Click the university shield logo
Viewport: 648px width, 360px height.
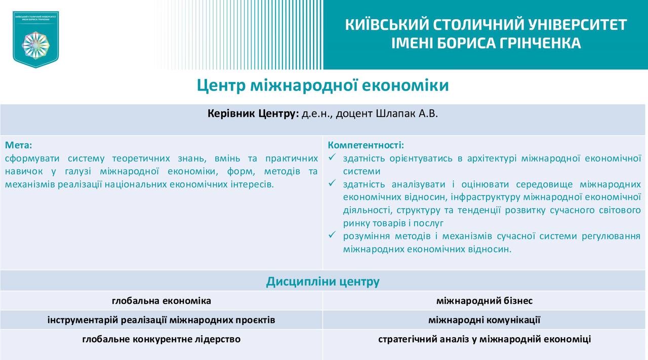click(x=36, y=39)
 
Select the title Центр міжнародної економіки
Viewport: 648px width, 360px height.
click(x=323, y=86)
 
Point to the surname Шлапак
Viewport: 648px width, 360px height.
click(x=395, y=113)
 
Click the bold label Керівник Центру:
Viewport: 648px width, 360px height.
click(x=253, y=114)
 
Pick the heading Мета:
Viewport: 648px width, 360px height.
click(x=19, y=145)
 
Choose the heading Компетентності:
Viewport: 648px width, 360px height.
click(x=366, y=145)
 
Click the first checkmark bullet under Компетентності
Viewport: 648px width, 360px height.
click(x=332, y=157)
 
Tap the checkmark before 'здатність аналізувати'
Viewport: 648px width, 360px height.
click(x=332, y=183)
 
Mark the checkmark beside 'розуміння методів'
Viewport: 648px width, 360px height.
click(x=332, y=235)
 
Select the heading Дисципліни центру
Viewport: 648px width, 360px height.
click(x=323, y=282)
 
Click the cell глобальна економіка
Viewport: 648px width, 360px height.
click(x=161, y=301)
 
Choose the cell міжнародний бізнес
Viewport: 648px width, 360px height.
click(x=484, y=301)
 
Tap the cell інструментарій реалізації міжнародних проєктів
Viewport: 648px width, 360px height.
click(x=161, y=320)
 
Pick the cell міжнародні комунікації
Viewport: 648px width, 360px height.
click(x=484, y=320)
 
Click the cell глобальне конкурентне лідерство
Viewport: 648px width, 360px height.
click(x=161, y=339)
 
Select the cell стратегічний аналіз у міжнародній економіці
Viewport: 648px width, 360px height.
click(x=484, y=339)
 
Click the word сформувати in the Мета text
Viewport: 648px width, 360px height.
click(x=32, y=158)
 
